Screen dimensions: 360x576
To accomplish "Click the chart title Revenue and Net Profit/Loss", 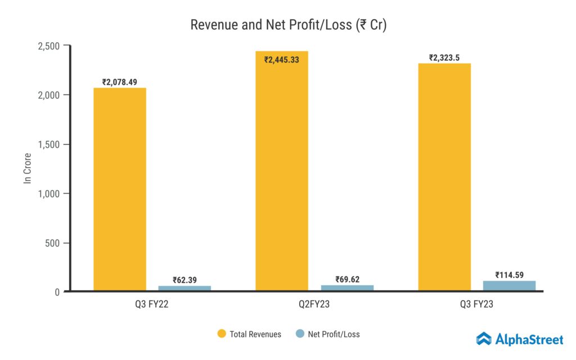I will [x=288, y=25].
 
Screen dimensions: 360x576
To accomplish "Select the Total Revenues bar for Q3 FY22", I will [x=120, y=189].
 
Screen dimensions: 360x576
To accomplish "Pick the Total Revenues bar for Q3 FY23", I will [x=444, y=177].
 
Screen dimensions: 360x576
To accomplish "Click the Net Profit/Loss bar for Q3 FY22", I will [x=184, y=288].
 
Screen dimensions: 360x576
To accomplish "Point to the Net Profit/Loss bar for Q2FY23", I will [x=347, y=287].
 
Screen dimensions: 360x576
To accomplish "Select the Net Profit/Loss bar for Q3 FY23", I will [x=509, y=285].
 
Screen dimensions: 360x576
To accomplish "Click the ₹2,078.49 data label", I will [x=120, y=82].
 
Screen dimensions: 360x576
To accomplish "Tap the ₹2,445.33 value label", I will [x=282, y=60].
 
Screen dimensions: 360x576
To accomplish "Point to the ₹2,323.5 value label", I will [x=444, y=57].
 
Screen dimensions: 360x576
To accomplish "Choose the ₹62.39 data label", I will [x=184, y=280].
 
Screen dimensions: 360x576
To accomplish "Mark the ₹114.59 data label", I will [x=509, y=275].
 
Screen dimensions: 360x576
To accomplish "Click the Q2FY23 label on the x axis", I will [x=314, y=304].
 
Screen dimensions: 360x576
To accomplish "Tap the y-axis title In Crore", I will [x=27, y=169].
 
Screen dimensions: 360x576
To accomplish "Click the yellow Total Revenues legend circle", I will [x=221, y=334].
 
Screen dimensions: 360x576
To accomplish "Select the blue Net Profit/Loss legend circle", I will [x=300, y=334].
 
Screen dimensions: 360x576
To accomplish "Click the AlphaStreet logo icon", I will [x=484, y=339].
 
